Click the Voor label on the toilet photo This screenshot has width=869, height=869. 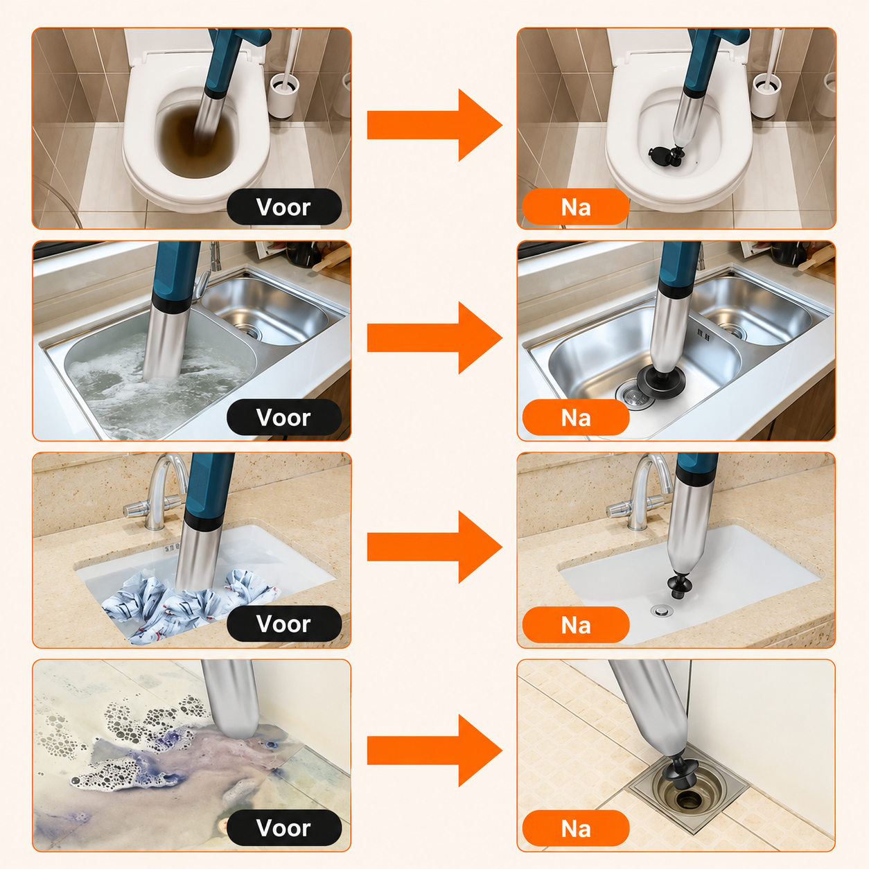[x=283, y=207]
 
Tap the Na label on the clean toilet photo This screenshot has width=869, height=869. [x=575, y=207]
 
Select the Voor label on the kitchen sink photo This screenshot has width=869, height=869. [x=283, y=417]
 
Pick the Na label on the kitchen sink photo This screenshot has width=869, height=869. [x=575, y=417]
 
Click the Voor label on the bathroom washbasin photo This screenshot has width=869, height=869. [x=283, y=624]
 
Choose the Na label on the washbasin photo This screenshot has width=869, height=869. [x=575, y=624]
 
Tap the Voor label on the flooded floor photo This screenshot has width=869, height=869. [x=283, y=827]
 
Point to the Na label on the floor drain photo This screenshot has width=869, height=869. [x=575, y=828]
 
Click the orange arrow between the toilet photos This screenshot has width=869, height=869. [x=434, y=125]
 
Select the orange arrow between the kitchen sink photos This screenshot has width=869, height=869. [x=434, y=337]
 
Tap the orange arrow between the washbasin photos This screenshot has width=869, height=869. [x=434, y=547]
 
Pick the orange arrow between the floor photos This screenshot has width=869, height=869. [x=434, y=751]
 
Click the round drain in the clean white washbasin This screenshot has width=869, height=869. [x=662, y=611]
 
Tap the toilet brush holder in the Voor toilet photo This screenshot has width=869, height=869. [x=283, y=96]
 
